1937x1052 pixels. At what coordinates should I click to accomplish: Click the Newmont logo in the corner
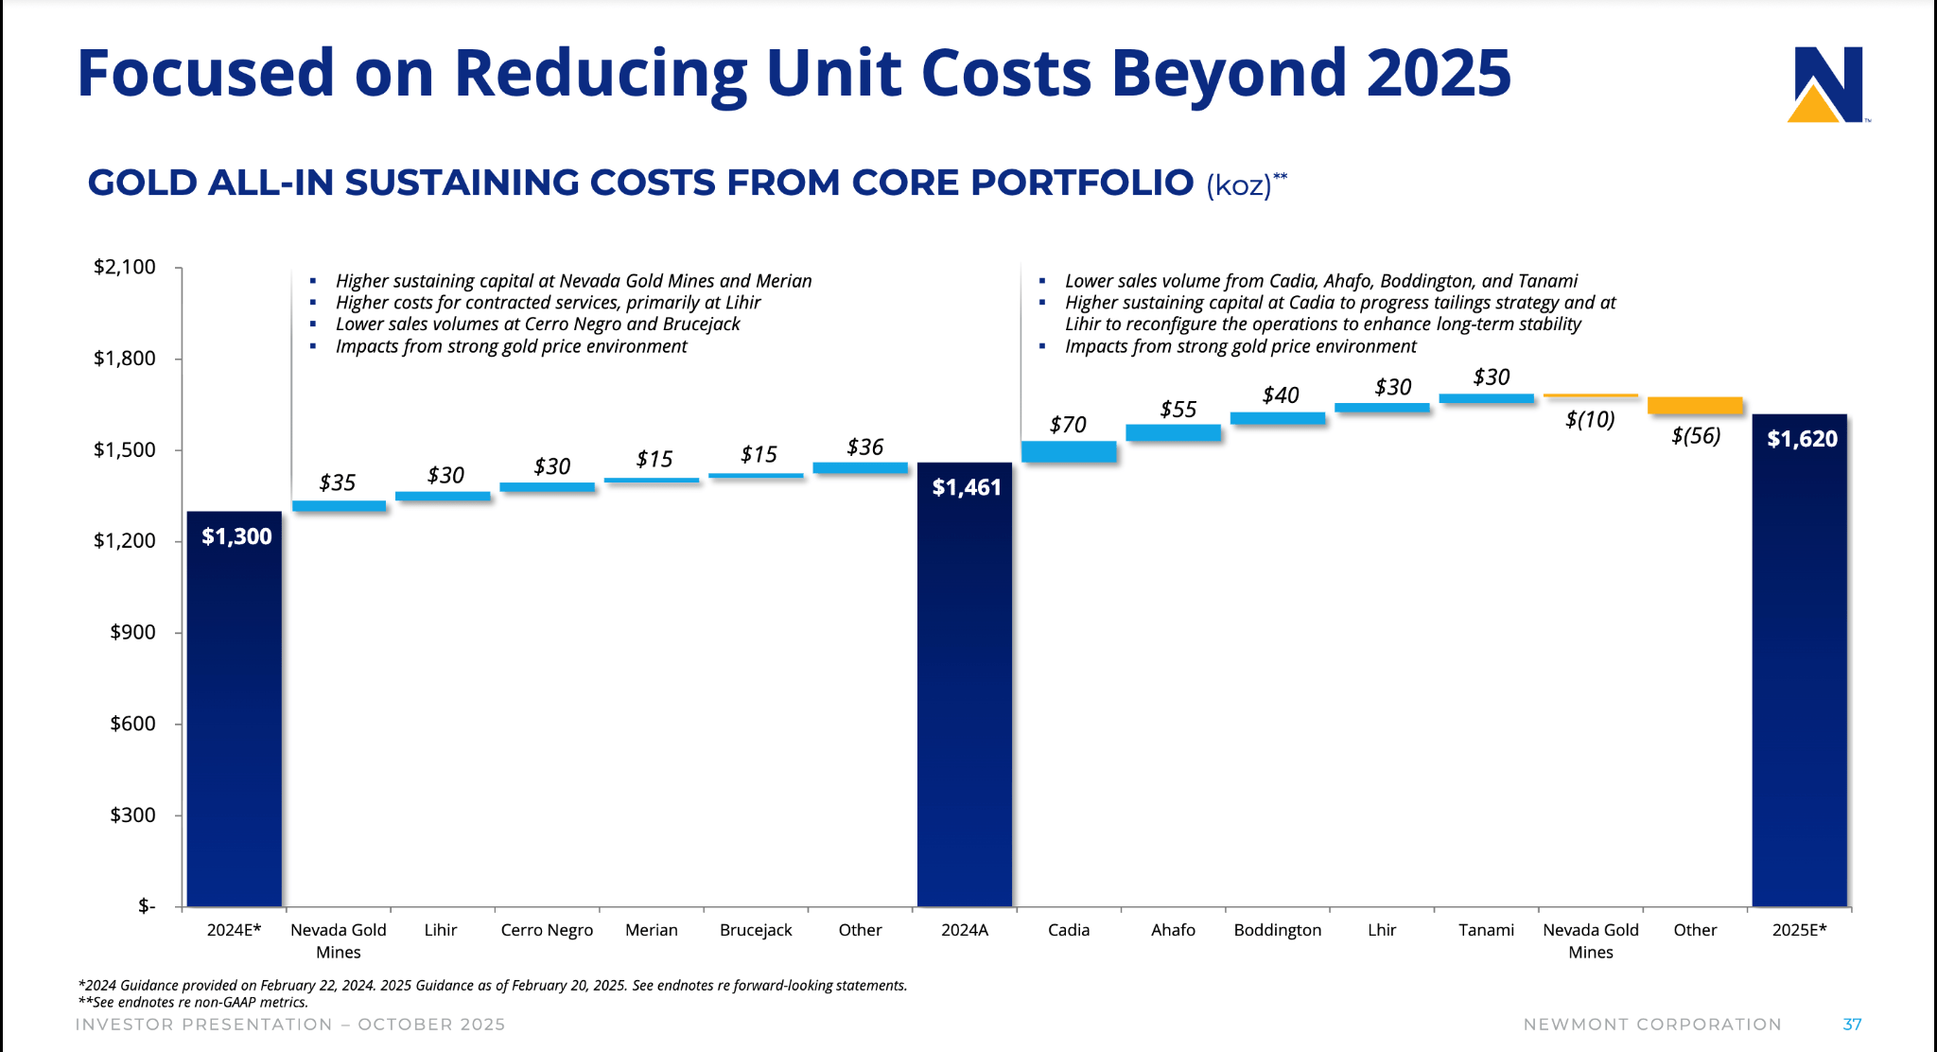pyautogui.click(x=1827, y=85)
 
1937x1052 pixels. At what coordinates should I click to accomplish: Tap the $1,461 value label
pyautogui.click(x=966, y=487)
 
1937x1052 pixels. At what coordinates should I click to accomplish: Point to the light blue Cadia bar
pyautogui.click(x=1069, y=451)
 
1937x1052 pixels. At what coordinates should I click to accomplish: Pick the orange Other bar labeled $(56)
pyautogui.click(x=1695, y=405)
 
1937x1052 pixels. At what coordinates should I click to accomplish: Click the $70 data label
pyautogui.click(x=1068, y=425)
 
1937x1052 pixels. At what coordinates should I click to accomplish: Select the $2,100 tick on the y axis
pyautogui.click(x=125, y=267)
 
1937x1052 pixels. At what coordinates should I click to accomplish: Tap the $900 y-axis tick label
pyautogui.click(x=132, y=632)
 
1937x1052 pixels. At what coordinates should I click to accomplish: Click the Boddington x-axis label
pyautogui.click(x=1277, y=930)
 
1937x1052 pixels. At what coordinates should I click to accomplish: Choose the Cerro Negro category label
pyautogui.click(x=547, y=930)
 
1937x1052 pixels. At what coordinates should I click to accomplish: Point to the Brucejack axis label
pyautogui.click(x=756, y=930)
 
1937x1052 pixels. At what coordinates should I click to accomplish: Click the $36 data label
pyautogui.click(x=864, y=447)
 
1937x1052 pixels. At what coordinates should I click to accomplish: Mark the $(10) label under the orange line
pyautogui.click(x=1590, y=419)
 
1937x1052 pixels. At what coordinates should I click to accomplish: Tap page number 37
pyautogui.click(x=1852, y=1025)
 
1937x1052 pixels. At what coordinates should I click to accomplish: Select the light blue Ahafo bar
pyautogui.click(x=1173, y=432)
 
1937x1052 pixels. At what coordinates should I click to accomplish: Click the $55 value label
pyautogui.click(x=1178, y=410)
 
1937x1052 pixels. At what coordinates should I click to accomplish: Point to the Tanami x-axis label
pyautogui.click(x=1486, y=930)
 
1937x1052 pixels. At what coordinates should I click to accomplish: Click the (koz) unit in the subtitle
pyautogui.click(x=1238, y=184)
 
